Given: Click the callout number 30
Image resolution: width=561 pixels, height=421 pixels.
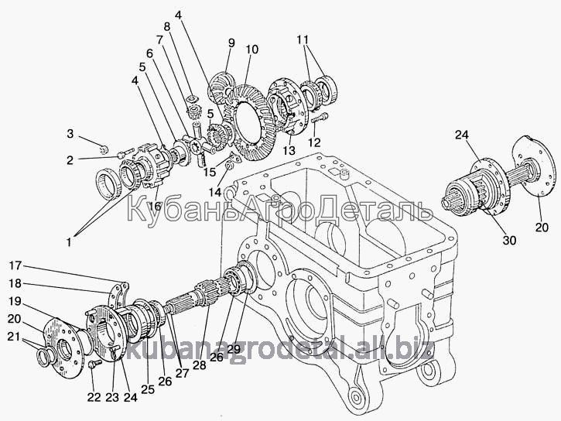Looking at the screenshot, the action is click(509, 240).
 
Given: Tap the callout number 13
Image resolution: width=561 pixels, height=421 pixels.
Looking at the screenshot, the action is click(289, 149).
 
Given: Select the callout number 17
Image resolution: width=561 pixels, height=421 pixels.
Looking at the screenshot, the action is click(15, 265).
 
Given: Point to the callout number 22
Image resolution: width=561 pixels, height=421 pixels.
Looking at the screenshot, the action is click(94, 397).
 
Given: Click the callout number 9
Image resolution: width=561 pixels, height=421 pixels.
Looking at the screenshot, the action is click(231, 43).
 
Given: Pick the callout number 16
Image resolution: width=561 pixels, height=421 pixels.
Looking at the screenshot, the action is click(156, 206).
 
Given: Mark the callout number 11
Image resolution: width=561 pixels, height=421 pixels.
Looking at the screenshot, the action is click(303, 39).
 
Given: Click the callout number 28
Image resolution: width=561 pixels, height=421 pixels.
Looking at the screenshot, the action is click(200, 365).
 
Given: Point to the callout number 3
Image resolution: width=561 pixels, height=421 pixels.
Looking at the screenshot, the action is click(70, 134).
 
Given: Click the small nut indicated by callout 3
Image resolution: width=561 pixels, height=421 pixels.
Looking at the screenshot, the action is click(104, 149).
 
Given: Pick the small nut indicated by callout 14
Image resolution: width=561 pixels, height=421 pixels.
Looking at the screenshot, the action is click(231, 166).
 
